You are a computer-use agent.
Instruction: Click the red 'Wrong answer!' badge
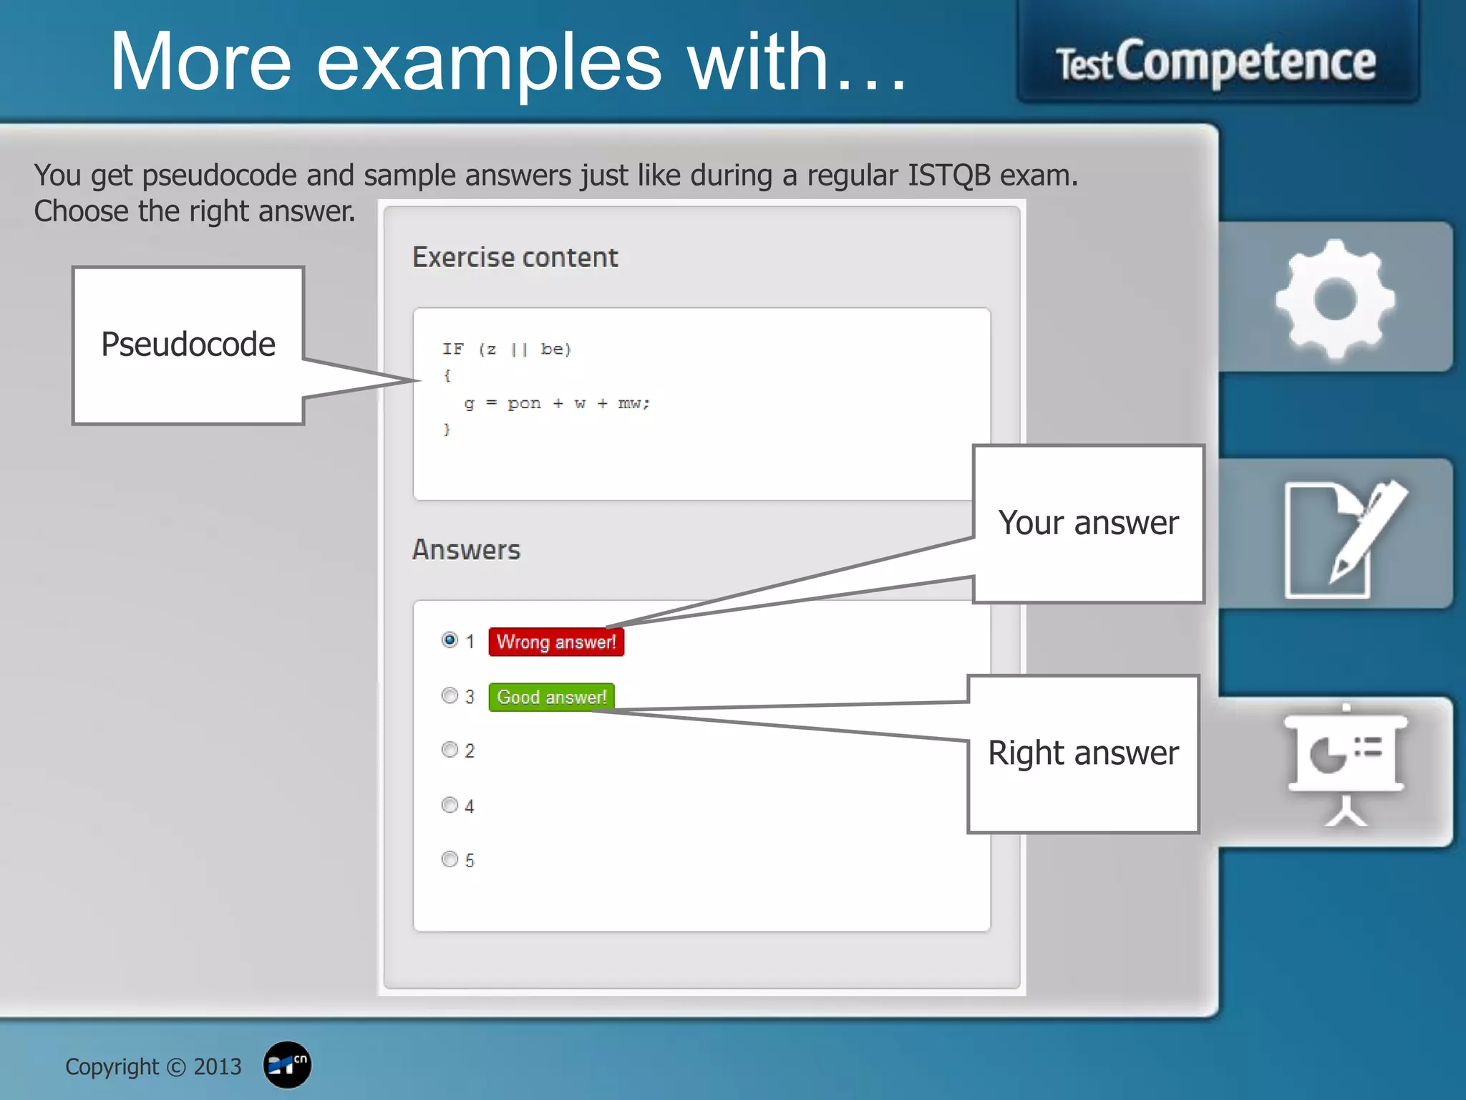click(556, 642)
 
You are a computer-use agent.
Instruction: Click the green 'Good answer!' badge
click(551, 697)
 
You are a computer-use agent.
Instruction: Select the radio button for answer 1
click(450, 640)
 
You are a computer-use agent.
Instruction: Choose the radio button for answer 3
click(450, 695)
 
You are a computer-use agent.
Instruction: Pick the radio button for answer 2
click(450, 750)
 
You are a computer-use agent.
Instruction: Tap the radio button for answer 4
click(450, 805)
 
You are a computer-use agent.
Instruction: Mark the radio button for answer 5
click(450, 859)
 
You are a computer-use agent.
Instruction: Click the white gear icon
click(1335, 299)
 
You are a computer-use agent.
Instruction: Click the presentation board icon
click(1346, 766)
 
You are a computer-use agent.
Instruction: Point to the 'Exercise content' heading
click(515, 257)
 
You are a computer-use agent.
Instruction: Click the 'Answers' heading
click(466, 550)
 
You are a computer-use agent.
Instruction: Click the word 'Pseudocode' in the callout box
click(188, 344)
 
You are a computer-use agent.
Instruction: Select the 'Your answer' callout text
click(1088, 523)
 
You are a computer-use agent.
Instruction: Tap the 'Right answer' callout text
click(1083, 753)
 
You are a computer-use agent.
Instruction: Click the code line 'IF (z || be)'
click(506, 349)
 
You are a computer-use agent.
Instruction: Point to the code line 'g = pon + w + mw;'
click(557, 404)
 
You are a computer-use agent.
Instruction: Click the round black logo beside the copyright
click(287, 1065)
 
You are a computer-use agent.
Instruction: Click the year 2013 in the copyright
click(218, 1067)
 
